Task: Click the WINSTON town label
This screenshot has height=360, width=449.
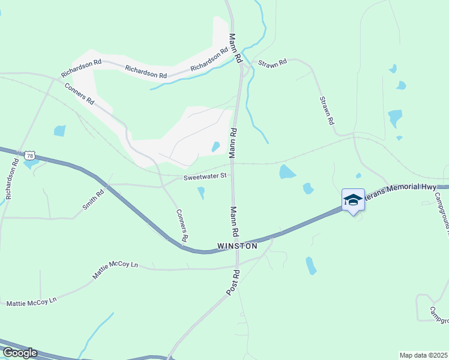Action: [x=237, y=246]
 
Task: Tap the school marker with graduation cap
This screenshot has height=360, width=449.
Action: [x=353, y=200]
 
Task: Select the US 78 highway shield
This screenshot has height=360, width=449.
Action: [x=30, y=155]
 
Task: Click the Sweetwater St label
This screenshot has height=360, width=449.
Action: [x=205, y=176]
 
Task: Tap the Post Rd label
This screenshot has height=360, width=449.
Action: [x=233, y=282]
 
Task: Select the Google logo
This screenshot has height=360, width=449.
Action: [x=20, y=352]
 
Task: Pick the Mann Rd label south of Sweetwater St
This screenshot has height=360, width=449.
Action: [x=234, y=221]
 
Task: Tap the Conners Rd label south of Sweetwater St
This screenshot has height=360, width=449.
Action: [x=182, y=226]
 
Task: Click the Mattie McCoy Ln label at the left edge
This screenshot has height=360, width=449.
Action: [x=31, y=302]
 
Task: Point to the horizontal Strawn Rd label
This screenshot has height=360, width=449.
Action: [x=273, y=62]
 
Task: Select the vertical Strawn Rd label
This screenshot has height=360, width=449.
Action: [x=327, y=110]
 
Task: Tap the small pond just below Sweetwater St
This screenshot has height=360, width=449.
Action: [x=201, y=193]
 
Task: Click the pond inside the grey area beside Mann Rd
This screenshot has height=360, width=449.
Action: [x=215, y=146]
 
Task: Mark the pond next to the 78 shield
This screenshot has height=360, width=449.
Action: [x=30, y=163]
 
